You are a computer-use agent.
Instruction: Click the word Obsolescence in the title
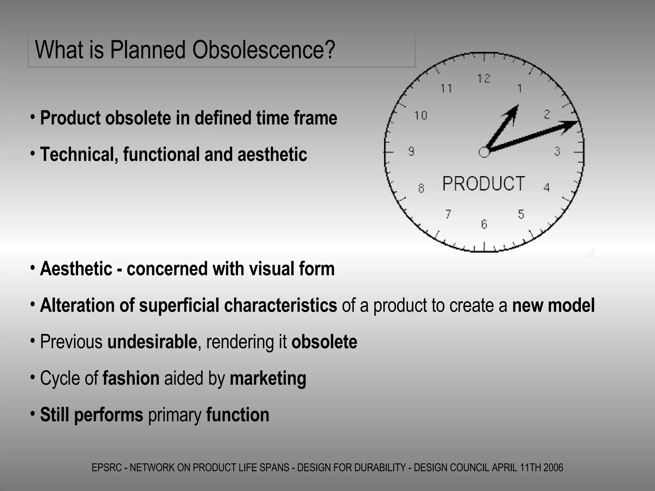point(264,50)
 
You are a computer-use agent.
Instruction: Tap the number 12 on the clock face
point(484,78)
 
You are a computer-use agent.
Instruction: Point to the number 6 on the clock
point(484,224)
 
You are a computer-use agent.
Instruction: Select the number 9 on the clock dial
point(411,151)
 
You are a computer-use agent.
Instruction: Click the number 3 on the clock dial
point(557,151)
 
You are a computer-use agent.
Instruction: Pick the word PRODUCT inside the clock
point(484,184)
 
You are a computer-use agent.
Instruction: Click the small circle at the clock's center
point(484,152)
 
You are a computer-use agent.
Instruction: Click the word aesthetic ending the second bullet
point(272,154)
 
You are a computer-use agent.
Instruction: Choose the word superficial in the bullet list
point(179,305)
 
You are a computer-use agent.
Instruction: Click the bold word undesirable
point(152,342)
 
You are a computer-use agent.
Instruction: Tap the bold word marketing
point(268,378)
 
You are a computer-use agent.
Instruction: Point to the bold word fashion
point(131,378)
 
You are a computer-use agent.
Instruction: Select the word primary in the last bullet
point(175,415)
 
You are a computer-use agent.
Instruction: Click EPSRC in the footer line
point(107,468)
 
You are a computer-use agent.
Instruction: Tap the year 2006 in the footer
point(553,468)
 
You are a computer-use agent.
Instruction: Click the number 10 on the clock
point(421,115)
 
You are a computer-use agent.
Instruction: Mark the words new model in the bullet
point(553,305)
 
